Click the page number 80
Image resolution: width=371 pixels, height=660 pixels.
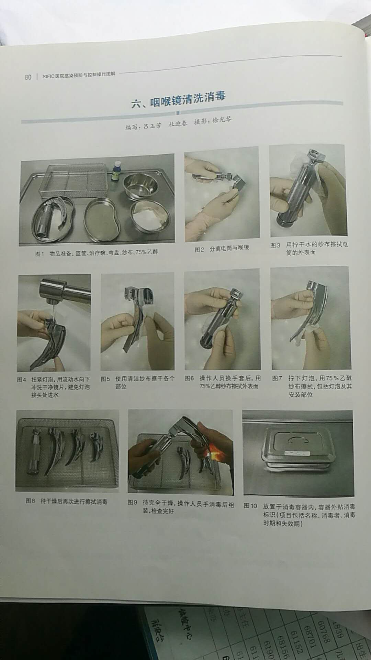[28, 77]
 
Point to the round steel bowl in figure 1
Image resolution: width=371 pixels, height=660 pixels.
[140, 186]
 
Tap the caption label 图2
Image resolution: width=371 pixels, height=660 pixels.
[200, 250]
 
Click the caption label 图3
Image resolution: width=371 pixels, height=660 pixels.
[275, 245]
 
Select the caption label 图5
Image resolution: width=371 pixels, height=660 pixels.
[105, 379]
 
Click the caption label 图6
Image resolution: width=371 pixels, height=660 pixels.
[189, 378]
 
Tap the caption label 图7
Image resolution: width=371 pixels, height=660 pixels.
[277, 378]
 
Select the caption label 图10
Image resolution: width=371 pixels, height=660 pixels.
[250, 506]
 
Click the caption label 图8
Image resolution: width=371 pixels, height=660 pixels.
[30, 501]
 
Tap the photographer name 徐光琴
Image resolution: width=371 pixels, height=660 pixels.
[222, 120]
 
